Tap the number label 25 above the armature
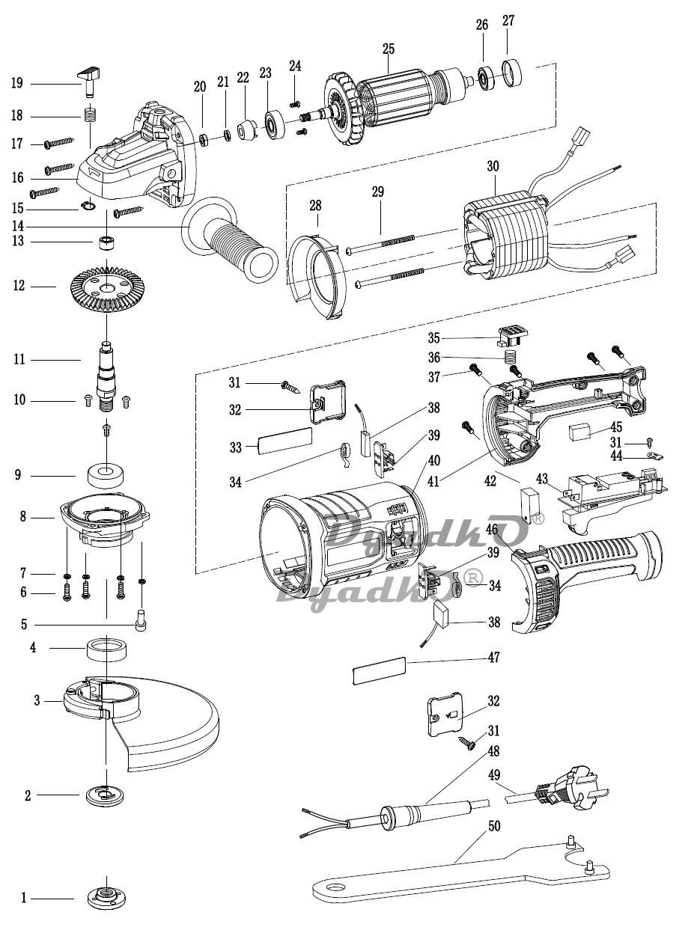point(388,49)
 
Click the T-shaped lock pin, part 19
point(91,82)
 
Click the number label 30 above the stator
point(493,166)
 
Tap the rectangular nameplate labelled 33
point(284,441)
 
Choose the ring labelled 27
point(512,73)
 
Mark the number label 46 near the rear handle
point(492,530)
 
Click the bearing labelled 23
point(276,123)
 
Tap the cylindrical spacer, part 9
point(106,475)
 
